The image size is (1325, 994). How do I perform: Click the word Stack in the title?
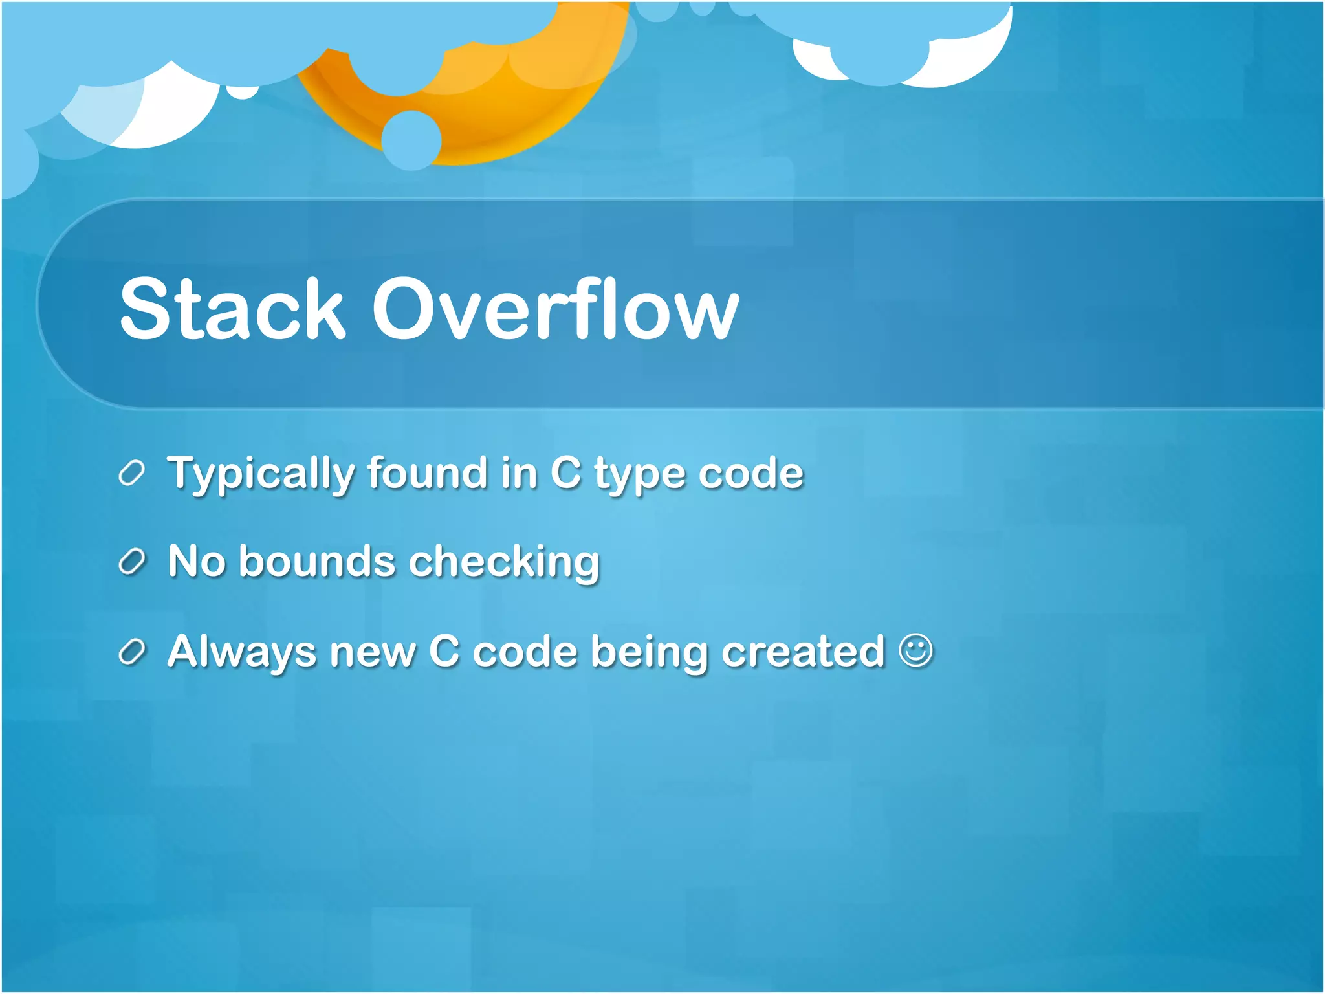pyautogui.click(x=232, y=309)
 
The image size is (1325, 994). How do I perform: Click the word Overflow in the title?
pyautogui.click(x=555, y=309)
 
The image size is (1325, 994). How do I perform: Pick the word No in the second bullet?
pyautogui.click(x=197, y=561)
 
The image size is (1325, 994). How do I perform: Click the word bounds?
pyautogui.click(x=317, y=561)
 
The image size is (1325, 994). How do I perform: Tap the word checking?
pyautogui.click(x=505, y=562)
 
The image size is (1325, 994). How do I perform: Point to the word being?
pyautogui.click(x=649, y=652)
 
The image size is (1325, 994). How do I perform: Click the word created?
pyautogui.click(x=803, y=651)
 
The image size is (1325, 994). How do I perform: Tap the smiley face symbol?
pyautogui.click(x=916, y=650)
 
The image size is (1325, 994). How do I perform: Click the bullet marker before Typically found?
pyautogui.click(x=131, y=474)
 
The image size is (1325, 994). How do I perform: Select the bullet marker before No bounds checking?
pyautogui.click(x=131, y=562)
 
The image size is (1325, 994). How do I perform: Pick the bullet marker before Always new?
pyautogui.click(x=131, y=652)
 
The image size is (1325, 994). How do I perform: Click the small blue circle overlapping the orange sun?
pyautogui.click(x=411, y=140)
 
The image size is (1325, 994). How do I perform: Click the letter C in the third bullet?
pyautogui.click(x=444, y=651)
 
